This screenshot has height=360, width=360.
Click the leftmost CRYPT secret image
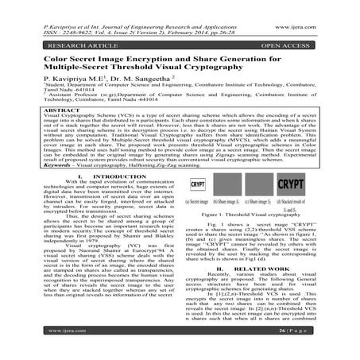click(201, 183)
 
